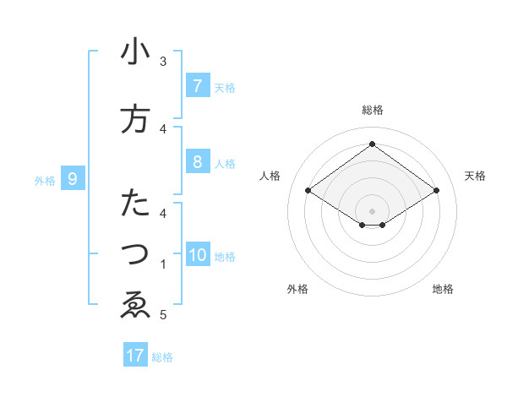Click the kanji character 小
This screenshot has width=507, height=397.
click(x=135, y=52)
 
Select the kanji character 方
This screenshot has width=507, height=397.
click(x=135, y=119)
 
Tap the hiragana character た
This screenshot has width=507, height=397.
click(x=135, y=204)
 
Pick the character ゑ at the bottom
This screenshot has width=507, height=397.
click(x=135, y=305)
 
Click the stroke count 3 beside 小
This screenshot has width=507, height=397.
click(x=163, y=62)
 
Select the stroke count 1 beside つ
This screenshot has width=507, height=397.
click(x=163, y=264)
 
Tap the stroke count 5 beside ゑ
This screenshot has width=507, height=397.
click(x=163, y=315)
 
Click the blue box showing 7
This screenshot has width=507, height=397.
click(x=197, y=86)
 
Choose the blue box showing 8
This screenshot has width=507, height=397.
click(x=197, y=162)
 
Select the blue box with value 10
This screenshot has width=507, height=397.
click(x=197, y=255)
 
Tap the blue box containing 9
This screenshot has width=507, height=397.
click(x=73, y=179)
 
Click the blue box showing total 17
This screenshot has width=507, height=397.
click(x=135, y=356)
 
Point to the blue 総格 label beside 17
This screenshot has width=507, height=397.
click(x=163, y=357)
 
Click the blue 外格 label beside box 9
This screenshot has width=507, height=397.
click(x=45, y=180)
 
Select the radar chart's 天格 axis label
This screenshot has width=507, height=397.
click(x=475, y=176)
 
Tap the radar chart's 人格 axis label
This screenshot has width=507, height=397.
click(x=270, y=176)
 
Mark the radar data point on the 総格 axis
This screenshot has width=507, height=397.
click(x=372, y=144)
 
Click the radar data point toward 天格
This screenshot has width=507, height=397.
click(x=436, y=191)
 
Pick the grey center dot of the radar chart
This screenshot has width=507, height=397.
click(x=372, y=210)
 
